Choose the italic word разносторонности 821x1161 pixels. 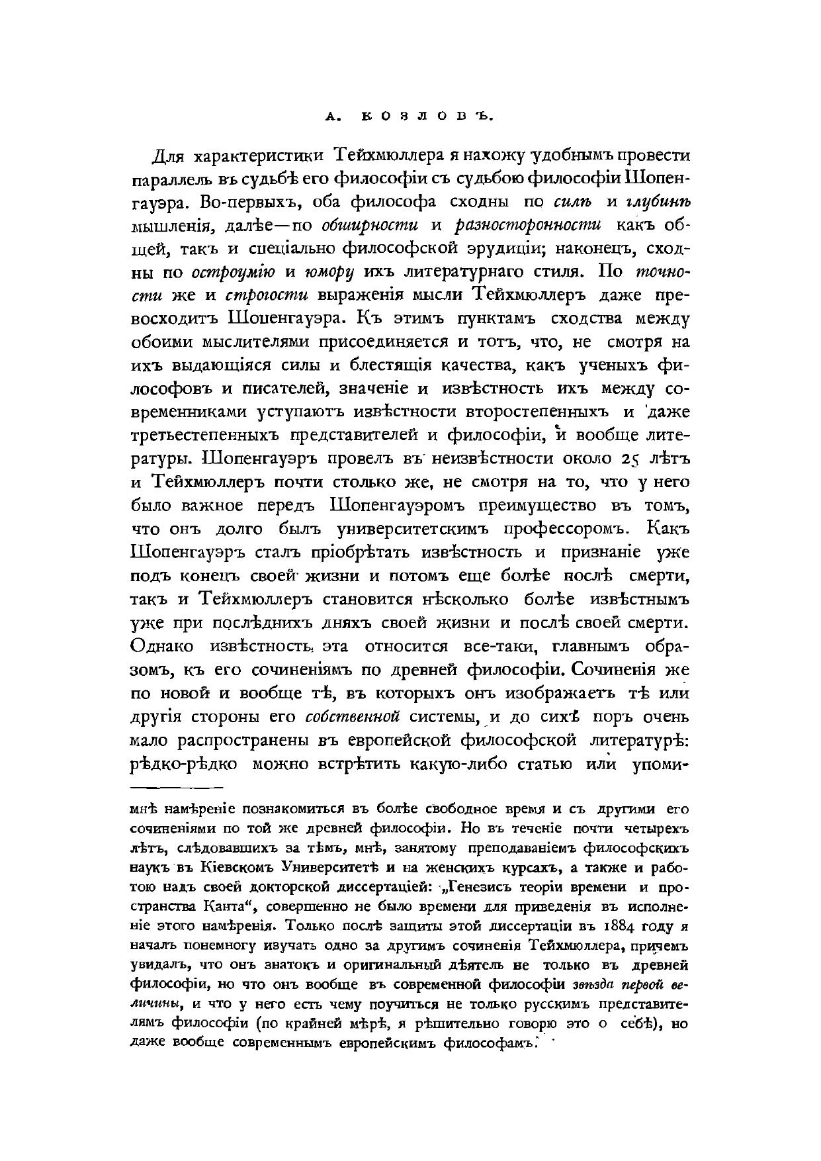pos(529,226)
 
